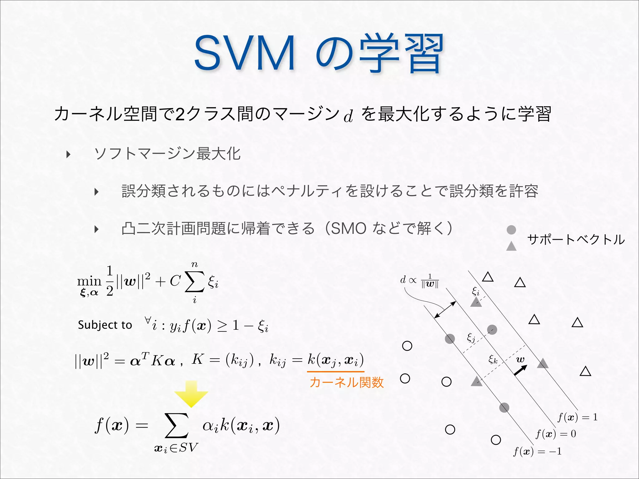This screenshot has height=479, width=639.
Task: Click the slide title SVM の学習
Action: [318, 54]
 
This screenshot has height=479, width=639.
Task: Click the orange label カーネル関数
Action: [346, 382]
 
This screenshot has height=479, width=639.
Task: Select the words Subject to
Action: [105, 325]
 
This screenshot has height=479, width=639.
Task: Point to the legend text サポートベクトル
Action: [576, 239]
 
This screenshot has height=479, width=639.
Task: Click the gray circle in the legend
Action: [511, 230]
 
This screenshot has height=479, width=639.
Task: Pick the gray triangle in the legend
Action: [511, 247]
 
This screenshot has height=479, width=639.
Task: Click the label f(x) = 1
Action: [578, 417]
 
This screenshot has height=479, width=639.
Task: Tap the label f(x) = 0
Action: [556, 434]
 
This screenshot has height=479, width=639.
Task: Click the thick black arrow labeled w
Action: [520, 370]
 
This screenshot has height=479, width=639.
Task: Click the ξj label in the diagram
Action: [471, 338]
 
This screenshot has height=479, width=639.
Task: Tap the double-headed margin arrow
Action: [445, 310]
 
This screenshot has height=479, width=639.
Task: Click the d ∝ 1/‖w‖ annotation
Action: [420, 280]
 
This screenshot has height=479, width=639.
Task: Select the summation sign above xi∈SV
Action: [177, 426]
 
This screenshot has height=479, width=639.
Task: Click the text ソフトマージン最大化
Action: [167, 154]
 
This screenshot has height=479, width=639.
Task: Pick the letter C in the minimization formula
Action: [175, 281]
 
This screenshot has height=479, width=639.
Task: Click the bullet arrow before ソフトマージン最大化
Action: [68, 154]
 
